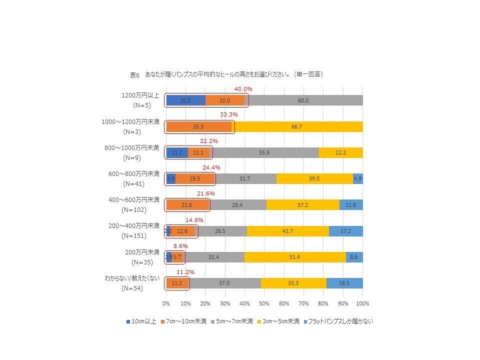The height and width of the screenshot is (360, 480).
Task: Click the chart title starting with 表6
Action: tap(227, 75)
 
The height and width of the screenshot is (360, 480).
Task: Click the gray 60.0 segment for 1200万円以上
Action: tap(303, 101)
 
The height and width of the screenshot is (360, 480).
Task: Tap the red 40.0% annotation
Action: tap(243, 89)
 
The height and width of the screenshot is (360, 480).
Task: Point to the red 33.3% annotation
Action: tap(229, 115)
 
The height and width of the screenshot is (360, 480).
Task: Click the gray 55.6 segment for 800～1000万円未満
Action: tap(264, 153)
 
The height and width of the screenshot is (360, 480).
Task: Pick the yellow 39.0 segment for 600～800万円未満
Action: tap(315, 179)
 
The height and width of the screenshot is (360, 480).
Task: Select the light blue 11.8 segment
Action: tap(351, 205)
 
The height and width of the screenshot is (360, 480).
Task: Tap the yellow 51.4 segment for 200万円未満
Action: tap(295, 257)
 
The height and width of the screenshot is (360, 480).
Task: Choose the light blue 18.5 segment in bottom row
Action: tap(345, 283)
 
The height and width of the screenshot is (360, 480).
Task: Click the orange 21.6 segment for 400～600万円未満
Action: tap(187, 205)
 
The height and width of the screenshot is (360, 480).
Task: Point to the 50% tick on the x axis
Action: tap(265, 303)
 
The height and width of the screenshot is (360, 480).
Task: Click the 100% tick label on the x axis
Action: tap(362, 303)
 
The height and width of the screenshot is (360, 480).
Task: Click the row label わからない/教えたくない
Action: tap(132, 278)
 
